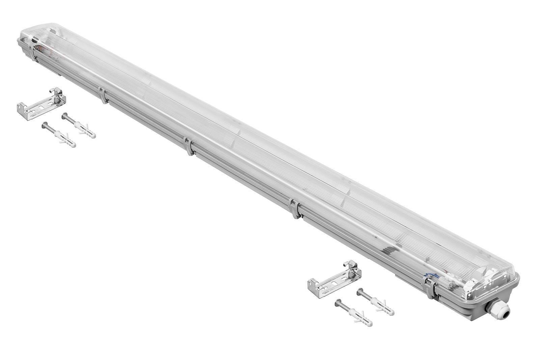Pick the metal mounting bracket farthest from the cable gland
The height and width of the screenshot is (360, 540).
tap(40, 103)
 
